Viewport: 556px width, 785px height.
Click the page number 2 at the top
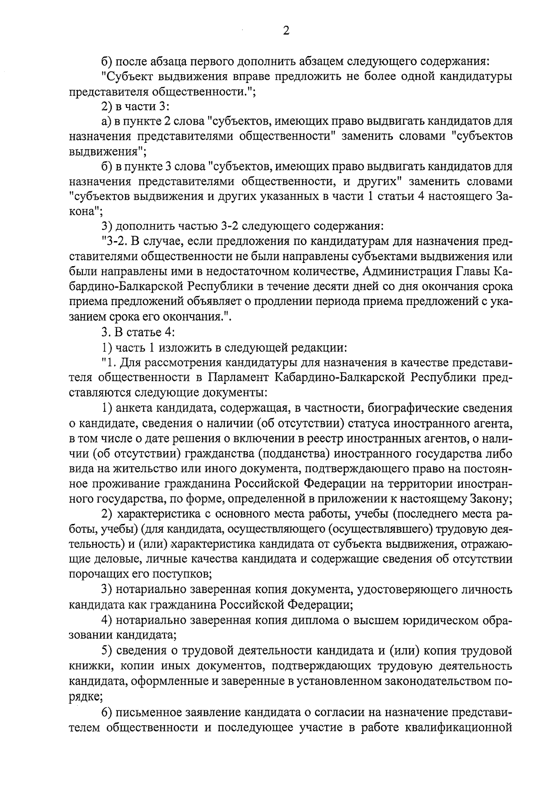286,31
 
